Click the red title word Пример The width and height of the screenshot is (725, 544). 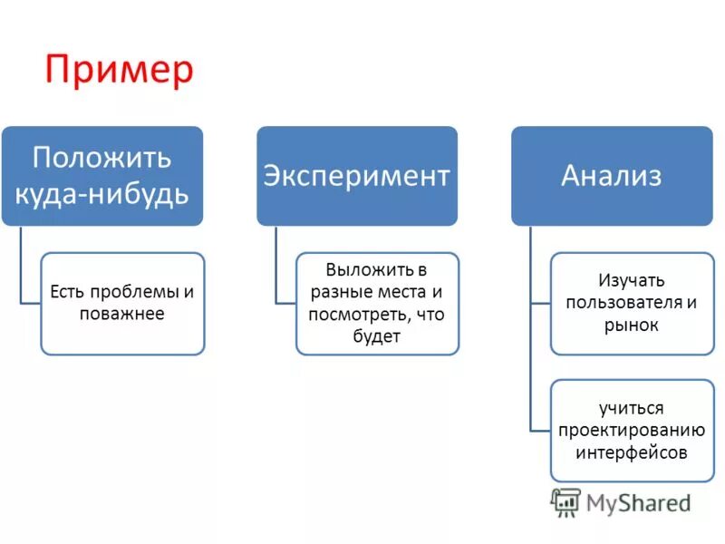coord(120,70)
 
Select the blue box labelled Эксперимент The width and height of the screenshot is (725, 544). coord(356,175)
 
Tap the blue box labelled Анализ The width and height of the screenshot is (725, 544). coord(612,175)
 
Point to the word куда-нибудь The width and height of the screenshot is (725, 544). coord(101,193)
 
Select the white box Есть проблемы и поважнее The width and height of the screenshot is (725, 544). coord(122,303)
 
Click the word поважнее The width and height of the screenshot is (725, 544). coord(121,314)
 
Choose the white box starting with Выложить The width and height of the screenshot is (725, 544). coord(377,303)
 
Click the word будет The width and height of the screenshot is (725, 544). coord(377,336)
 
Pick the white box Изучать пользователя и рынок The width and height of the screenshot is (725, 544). coord(632,303)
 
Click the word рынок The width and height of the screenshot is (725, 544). coord(632,325)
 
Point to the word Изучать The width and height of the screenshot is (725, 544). coord(632,280)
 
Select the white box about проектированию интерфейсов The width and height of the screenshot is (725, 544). coord(632,430)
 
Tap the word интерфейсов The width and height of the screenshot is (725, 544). coord(632,452)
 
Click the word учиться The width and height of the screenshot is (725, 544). coord(632,408)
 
